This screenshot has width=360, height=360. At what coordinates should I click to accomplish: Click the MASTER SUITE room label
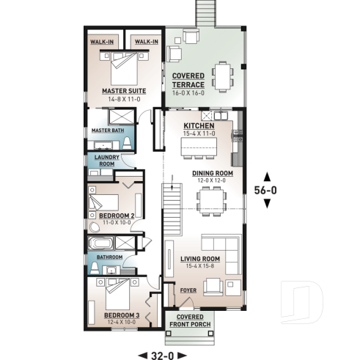(x=123, y=91)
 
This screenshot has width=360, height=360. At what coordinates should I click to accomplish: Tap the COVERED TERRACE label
(x=188, y=80)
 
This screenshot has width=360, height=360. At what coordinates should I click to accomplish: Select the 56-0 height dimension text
(x=265, y=188)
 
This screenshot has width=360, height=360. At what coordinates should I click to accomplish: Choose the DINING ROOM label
(x=213, y=173)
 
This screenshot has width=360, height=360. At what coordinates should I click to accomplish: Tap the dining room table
(x=213, y=197)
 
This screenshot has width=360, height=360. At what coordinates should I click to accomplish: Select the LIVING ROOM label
(x=199, y=259)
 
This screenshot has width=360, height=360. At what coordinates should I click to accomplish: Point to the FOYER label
(x=188, y=290)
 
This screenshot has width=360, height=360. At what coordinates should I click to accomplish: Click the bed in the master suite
(x=124, y=68)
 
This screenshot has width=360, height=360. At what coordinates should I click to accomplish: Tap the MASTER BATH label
(x=106, y=131)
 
